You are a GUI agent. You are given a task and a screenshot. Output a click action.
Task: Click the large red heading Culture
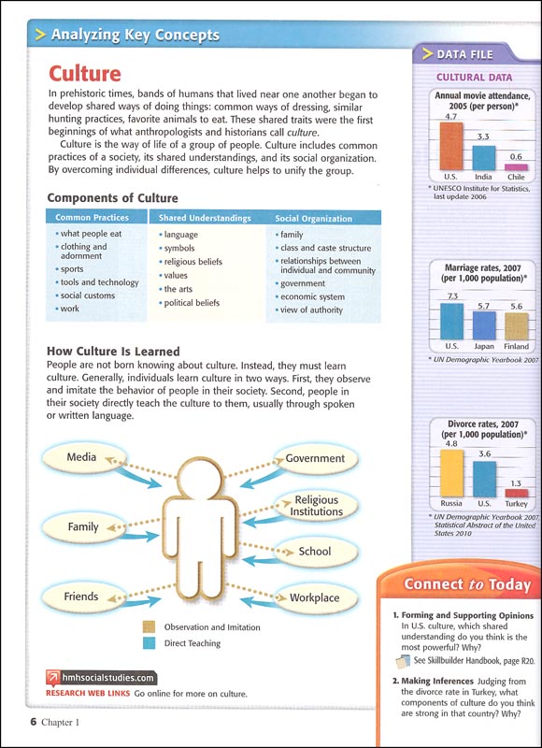(85, 73)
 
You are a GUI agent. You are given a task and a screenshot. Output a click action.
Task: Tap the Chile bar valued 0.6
(516, 167)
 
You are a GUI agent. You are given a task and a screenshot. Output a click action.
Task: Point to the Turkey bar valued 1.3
(517, 493)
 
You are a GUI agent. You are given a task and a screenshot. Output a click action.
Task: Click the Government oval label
(315, 458)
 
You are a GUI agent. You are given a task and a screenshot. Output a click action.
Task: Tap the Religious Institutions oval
(316, 506)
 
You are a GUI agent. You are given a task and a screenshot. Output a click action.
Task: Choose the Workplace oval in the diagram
(315, 597)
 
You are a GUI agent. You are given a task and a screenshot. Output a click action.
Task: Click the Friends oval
(81, 597)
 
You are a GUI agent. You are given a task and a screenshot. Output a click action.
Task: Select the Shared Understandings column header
(205, 218)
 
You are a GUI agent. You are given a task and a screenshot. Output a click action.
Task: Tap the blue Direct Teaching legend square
(149, 643)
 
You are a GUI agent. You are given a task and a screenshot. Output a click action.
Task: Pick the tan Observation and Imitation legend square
(149, 627)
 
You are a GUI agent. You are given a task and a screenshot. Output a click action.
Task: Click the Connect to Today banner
(466, 585)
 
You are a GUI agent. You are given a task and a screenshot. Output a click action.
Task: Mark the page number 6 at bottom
(32, 721)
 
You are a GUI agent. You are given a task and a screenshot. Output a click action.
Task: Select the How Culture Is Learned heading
(113, 352)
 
